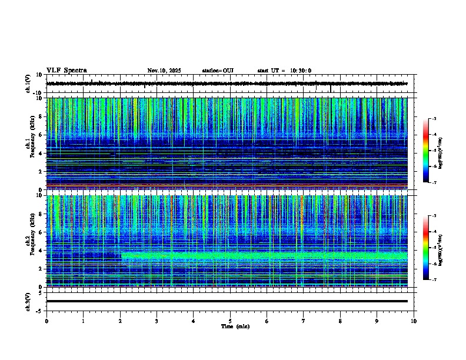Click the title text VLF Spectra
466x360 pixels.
click(x=66, y=71)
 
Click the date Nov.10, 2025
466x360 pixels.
click(x=164, y=71)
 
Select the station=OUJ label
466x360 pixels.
click(x=218, y=71)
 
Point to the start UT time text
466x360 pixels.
click(x=284, y=71)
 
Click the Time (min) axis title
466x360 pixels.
click(x=235, y=326)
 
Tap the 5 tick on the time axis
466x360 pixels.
click(x=230, y=321)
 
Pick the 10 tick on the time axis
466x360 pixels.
click(x=414, y=321)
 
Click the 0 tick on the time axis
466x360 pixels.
click(x=46, y=321)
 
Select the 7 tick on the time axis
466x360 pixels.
click(x=304, y=321)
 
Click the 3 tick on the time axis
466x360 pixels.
click(x=157, y=321)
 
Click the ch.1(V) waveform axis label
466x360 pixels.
click(x=28, y=84)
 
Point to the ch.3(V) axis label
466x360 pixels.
click(x=28, y=301)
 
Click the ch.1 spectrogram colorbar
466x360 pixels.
click(x=425, y=151)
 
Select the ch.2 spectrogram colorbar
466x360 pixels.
click(x=425, y=248)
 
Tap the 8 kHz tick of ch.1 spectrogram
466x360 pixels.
click(x=41, y=116)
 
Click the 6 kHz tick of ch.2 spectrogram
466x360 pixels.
click(x=41, y=232)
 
